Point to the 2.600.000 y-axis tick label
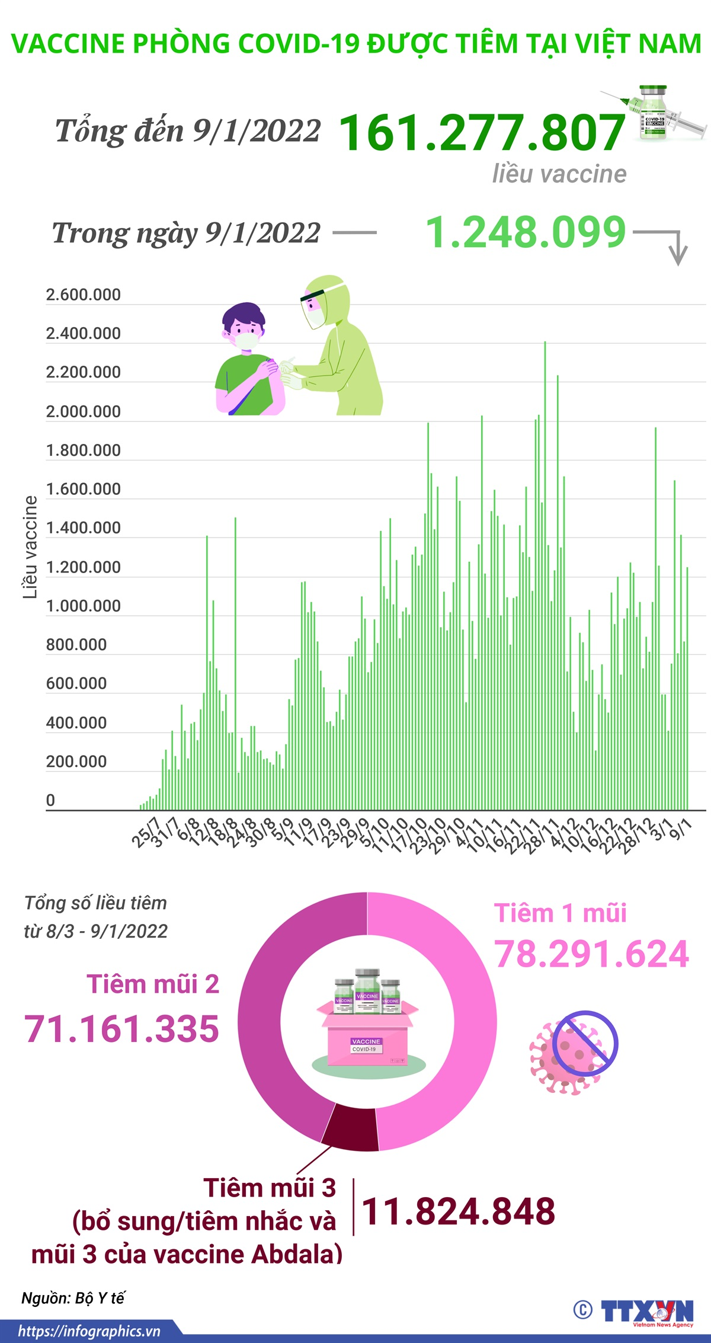tap(83, 295)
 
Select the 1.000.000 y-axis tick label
tap(83, 606)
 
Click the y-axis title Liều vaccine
tap(30, 546)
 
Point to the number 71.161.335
tap(121, 1028)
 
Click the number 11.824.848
tap(458, 1211)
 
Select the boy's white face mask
tap(246, 341)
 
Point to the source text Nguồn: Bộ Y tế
tap(73, 1297)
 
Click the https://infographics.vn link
tap(89, 1331)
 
